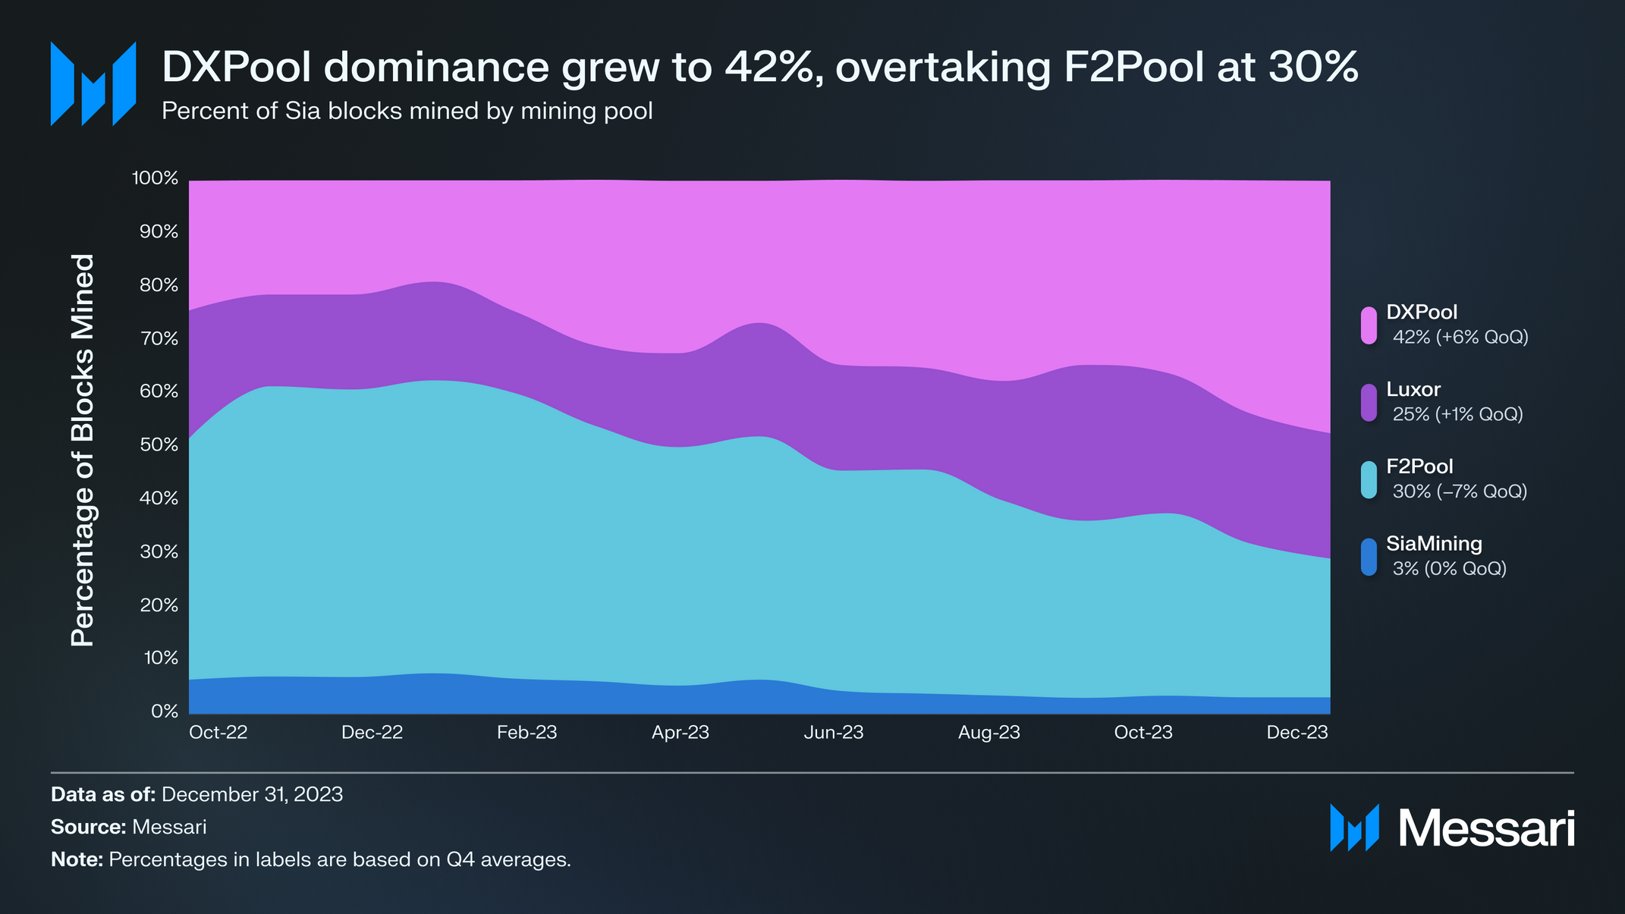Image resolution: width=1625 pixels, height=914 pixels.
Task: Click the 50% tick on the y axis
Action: pos(159,444)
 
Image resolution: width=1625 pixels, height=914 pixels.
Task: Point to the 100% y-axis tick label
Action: pos(156,178)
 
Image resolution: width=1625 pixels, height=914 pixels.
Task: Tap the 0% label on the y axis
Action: pos(164,711)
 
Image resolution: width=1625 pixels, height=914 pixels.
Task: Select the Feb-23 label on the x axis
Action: pos(526,733)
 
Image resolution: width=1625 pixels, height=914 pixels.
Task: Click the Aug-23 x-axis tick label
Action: pos(989,733)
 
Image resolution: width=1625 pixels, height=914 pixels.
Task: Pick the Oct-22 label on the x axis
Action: pos(218,733)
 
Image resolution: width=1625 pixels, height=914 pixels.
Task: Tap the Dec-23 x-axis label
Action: pos(1297,733)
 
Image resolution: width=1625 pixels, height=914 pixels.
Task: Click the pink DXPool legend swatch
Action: pos(1369,325)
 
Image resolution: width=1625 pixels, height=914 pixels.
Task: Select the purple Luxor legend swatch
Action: pos(1369,403)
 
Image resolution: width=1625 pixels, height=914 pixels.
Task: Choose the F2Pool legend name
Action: pos(1419,466)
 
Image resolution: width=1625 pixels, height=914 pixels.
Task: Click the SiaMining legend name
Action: pos(1434,544)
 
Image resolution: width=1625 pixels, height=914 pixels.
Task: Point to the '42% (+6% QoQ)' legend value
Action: pos(1460,338)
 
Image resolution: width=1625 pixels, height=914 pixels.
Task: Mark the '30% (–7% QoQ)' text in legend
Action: pos(1460,492)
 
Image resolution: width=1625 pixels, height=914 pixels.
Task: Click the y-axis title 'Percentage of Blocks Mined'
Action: pos(83,450)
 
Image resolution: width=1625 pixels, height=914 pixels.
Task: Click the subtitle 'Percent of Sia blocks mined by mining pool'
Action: pos(407,112)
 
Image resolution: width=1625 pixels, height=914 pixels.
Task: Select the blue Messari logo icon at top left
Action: pos(93,83)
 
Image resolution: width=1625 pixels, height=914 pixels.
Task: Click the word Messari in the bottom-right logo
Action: pos(1486,828)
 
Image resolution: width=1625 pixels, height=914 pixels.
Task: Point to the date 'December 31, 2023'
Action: pos(252,795)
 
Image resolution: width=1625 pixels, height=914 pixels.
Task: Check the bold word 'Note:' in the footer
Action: pos(77,860)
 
